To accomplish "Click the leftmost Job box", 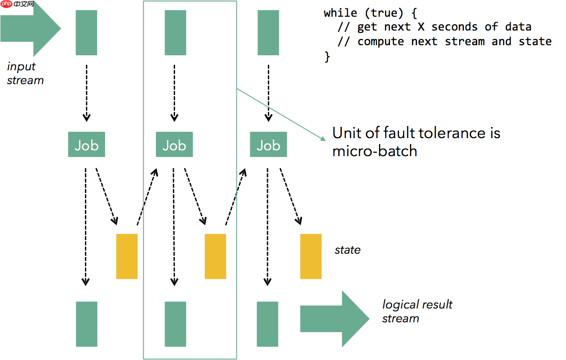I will (86, 145).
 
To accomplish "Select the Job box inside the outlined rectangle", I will (174, 145).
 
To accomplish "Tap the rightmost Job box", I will (268, 145).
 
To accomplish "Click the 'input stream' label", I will (25, 73).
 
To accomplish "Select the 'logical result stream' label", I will (417, 311).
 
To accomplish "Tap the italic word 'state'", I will (347, 250).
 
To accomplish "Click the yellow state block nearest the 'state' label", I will (311, 256).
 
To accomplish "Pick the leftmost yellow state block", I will (126, 256).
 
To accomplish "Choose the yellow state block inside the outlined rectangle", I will (215, 256).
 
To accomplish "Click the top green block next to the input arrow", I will (86, 33).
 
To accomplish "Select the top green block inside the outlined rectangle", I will (175, 33).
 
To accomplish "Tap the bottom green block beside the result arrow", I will (267, 324).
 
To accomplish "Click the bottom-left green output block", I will (86, 324).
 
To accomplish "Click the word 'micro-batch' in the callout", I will (375, 151).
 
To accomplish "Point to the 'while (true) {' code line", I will (370, 13).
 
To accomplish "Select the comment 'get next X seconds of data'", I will (444, 27).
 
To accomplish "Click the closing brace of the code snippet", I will (327, 57).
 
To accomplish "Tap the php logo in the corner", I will (6, 5).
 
